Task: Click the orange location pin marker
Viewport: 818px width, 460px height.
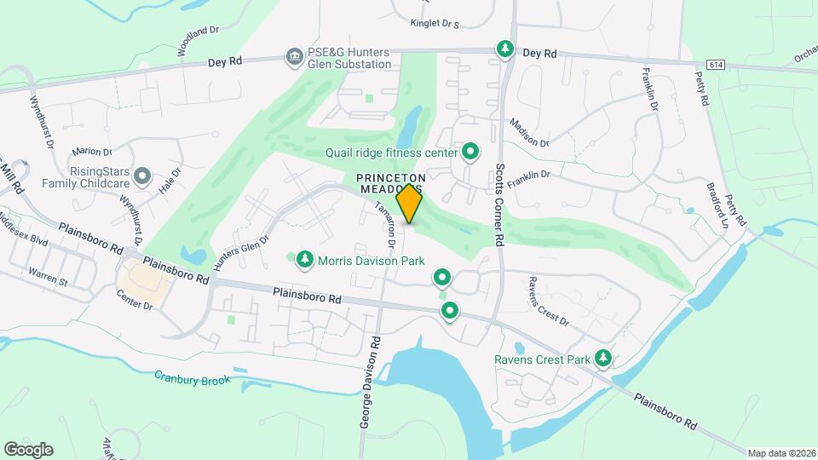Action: pyautogui.click(x=410, y=204)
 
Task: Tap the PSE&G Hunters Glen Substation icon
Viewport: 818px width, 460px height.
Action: pyautogui.click(x=294, y=57)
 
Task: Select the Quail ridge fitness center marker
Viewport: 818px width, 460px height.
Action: pyautogui.click(x=469, y=152)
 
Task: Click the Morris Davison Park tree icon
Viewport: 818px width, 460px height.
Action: pyautogui.click(x=304, y=258)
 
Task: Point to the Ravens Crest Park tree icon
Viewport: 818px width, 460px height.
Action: pyautogui.click(x=603, y=358)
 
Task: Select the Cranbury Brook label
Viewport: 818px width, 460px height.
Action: pyautogui.click(x=193, y=377)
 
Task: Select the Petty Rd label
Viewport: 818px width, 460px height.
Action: pyautogui.click(x=704, y=88)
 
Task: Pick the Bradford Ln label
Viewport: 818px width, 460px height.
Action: pyautogui.click(x=717, y=202)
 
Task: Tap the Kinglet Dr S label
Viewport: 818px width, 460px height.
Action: pyautogui.click(x=434, y=24)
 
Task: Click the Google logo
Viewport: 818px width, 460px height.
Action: pyautogui.click(x=28, y=449)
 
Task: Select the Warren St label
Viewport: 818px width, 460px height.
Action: pyautogui.click(x=47, y=274)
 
